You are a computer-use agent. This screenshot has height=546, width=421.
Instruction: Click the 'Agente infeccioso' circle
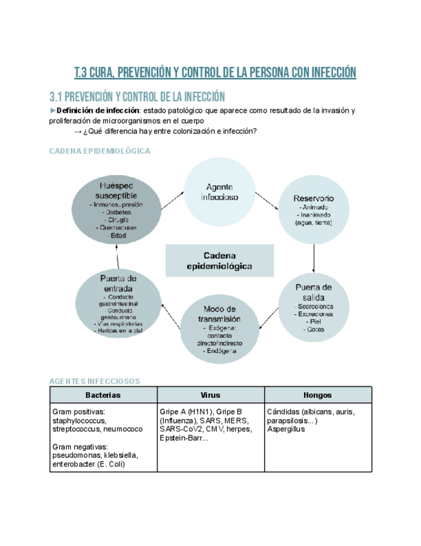[x=219, y=191]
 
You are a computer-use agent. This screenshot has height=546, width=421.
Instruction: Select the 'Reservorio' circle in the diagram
[x=314, y=210]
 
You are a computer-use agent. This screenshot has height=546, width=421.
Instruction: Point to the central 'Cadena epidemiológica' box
[x=219, y=260]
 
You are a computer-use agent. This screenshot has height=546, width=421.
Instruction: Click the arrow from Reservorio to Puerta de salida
[x=314, y=258]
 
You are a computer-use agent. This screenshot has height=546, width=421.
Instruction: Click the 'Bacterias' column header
[x=103, y=395]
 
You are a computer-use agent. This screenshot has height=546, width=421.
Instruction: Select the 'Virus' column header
[x=210, y=395]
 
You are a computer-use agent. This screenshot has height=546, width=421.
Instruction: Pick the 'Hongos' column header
[x=318, y=395]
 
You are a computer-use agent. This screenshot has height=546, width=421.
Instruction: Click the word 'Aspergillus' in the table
[x=286, y=429]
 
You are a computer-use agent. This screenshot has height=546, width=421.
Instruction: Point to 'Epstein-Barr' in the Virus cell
[x=181, y=438]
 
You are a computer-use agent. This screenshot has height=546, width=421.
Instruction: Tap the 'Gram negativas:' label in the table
[x=80, y=446]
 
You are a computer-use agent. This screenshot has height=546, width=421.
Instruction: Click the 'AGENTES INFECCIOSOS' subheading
[x=94, y=381]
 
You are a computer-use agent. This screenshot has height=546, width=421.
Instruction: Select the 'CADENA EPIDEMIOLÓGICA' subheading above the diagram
[x=100, y=151]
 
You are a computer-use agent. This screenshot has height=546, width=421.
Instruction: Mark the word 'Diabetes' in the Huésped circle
[x=118, y=212]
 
